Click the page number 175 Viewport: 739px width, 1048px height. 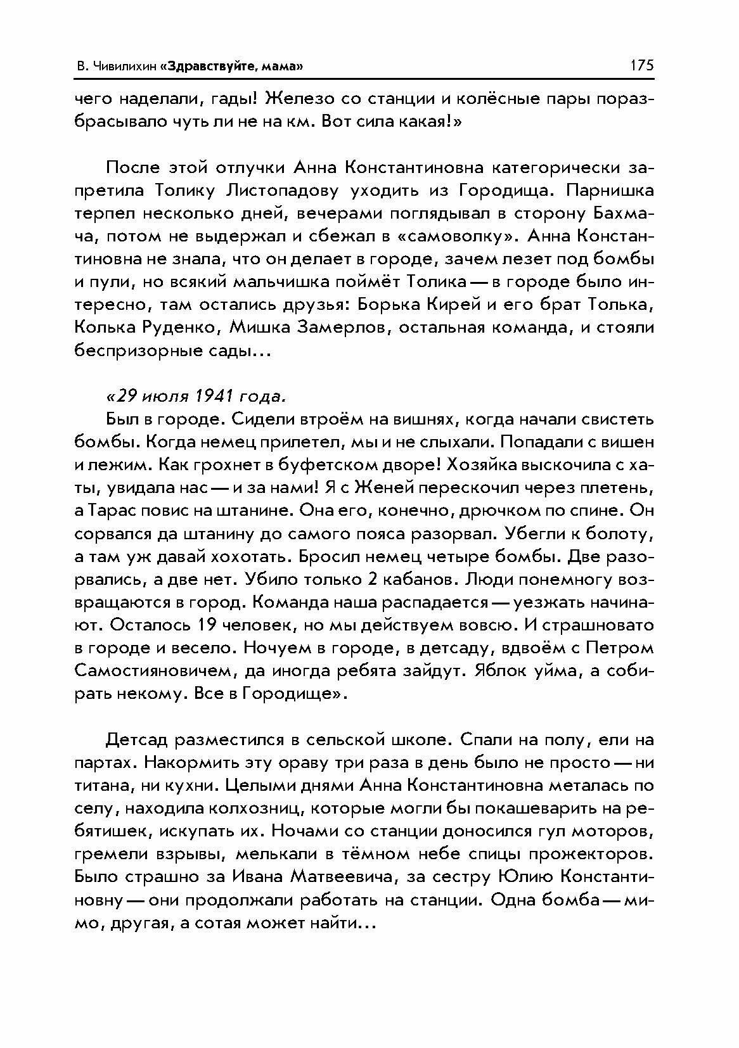[x=641, y=65]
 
